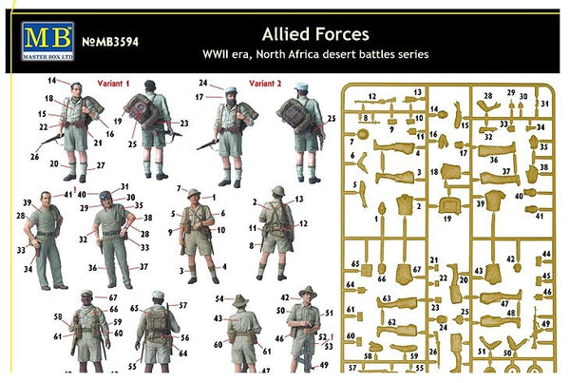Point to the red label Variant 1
[117, 83]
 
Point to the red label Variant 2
[268, 83]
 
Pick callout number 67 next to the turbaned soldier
[113, 298]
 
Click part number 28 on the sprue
[487, 96]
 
